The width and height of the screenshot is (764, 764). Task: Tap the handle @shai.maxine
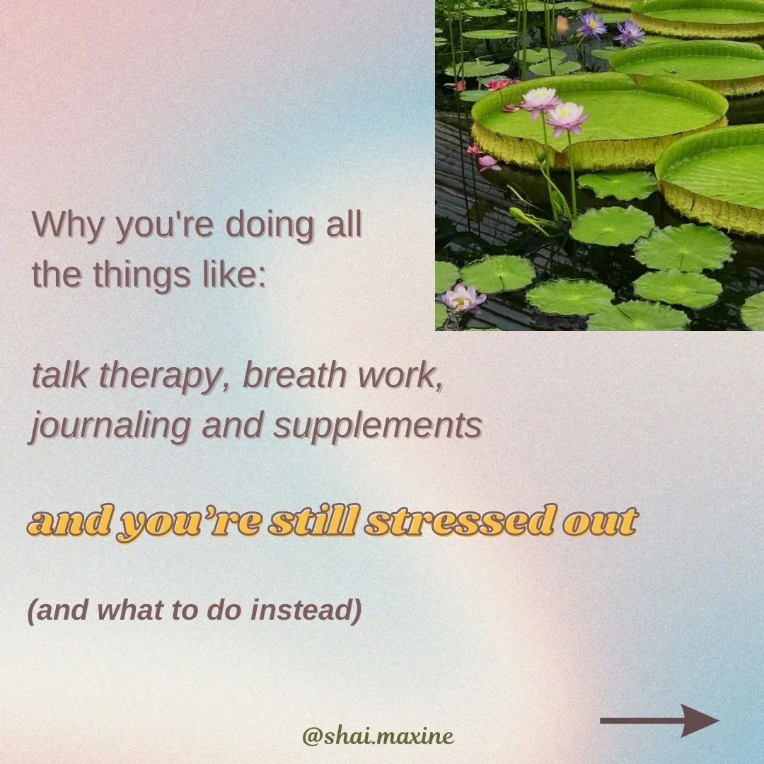378,736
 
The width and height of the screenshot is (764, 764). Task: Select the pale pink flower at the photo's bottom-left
463,298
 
